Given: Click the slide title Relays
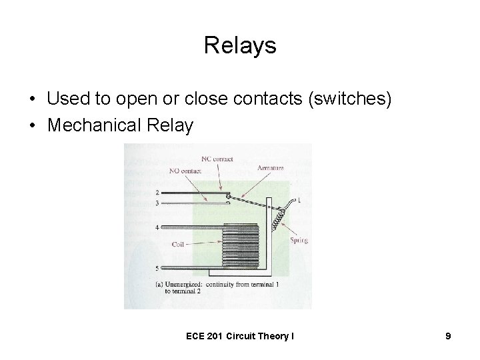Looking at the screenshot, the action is [x=239, y=46].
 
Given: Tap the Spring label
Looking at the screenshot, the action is [x=299, y=239].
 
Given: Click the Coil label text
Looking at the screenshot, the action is [x=178, y=244].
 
